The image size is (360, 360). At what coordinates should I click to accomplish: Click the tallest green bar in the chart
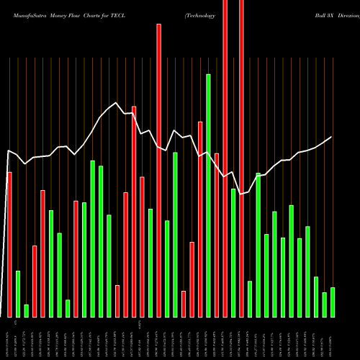[208, 195]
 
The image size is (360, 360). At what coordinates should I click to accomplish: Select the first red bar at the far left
[9, 245]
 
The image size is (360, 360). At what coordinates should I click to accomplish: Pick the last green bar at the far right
[333, 302]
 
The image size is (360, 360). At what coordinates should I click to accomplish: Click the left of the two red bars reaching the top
[225, 158]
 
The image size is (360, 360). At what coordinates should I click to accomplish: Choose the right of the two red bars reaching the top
[241, 158]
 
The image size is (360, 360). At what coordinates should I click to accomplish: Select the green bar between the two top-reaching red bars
[233, 253]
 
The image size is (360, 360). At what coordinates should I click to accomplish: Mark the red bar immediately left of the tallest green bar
[200, 220]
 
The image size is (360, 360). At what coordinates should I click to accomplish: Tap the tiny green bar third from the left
[26, 311]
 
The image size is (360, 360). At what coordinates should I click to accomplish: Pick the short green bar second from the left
[18, 294]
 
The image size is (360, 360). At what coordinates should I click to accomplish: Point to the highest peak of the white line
[117, 104]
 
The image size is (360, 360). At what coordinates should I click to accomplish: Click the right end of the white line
[332, 137]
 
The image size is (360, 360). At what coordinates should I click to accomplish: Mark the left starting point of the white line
[8, 150]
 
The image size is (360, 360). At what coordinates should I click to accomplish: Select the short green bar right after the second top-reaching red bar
[250, 299]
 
